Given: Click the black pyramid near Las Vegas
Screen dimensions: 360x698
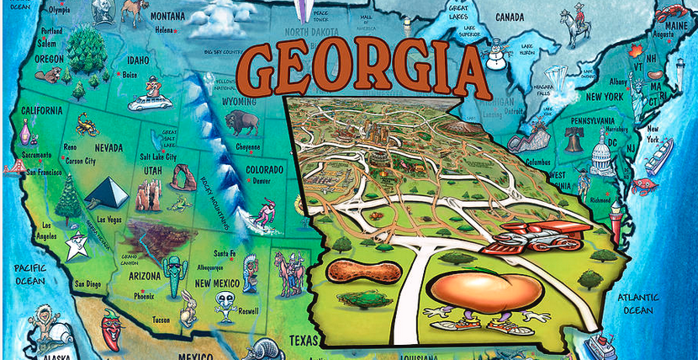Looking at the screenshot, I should pos(107,193).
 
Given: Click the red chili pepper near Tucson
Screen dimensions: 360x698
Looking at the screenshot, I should pos(110,329).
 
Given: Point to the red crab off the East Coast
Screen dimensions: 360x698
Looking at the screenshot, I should pos(645,184).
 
